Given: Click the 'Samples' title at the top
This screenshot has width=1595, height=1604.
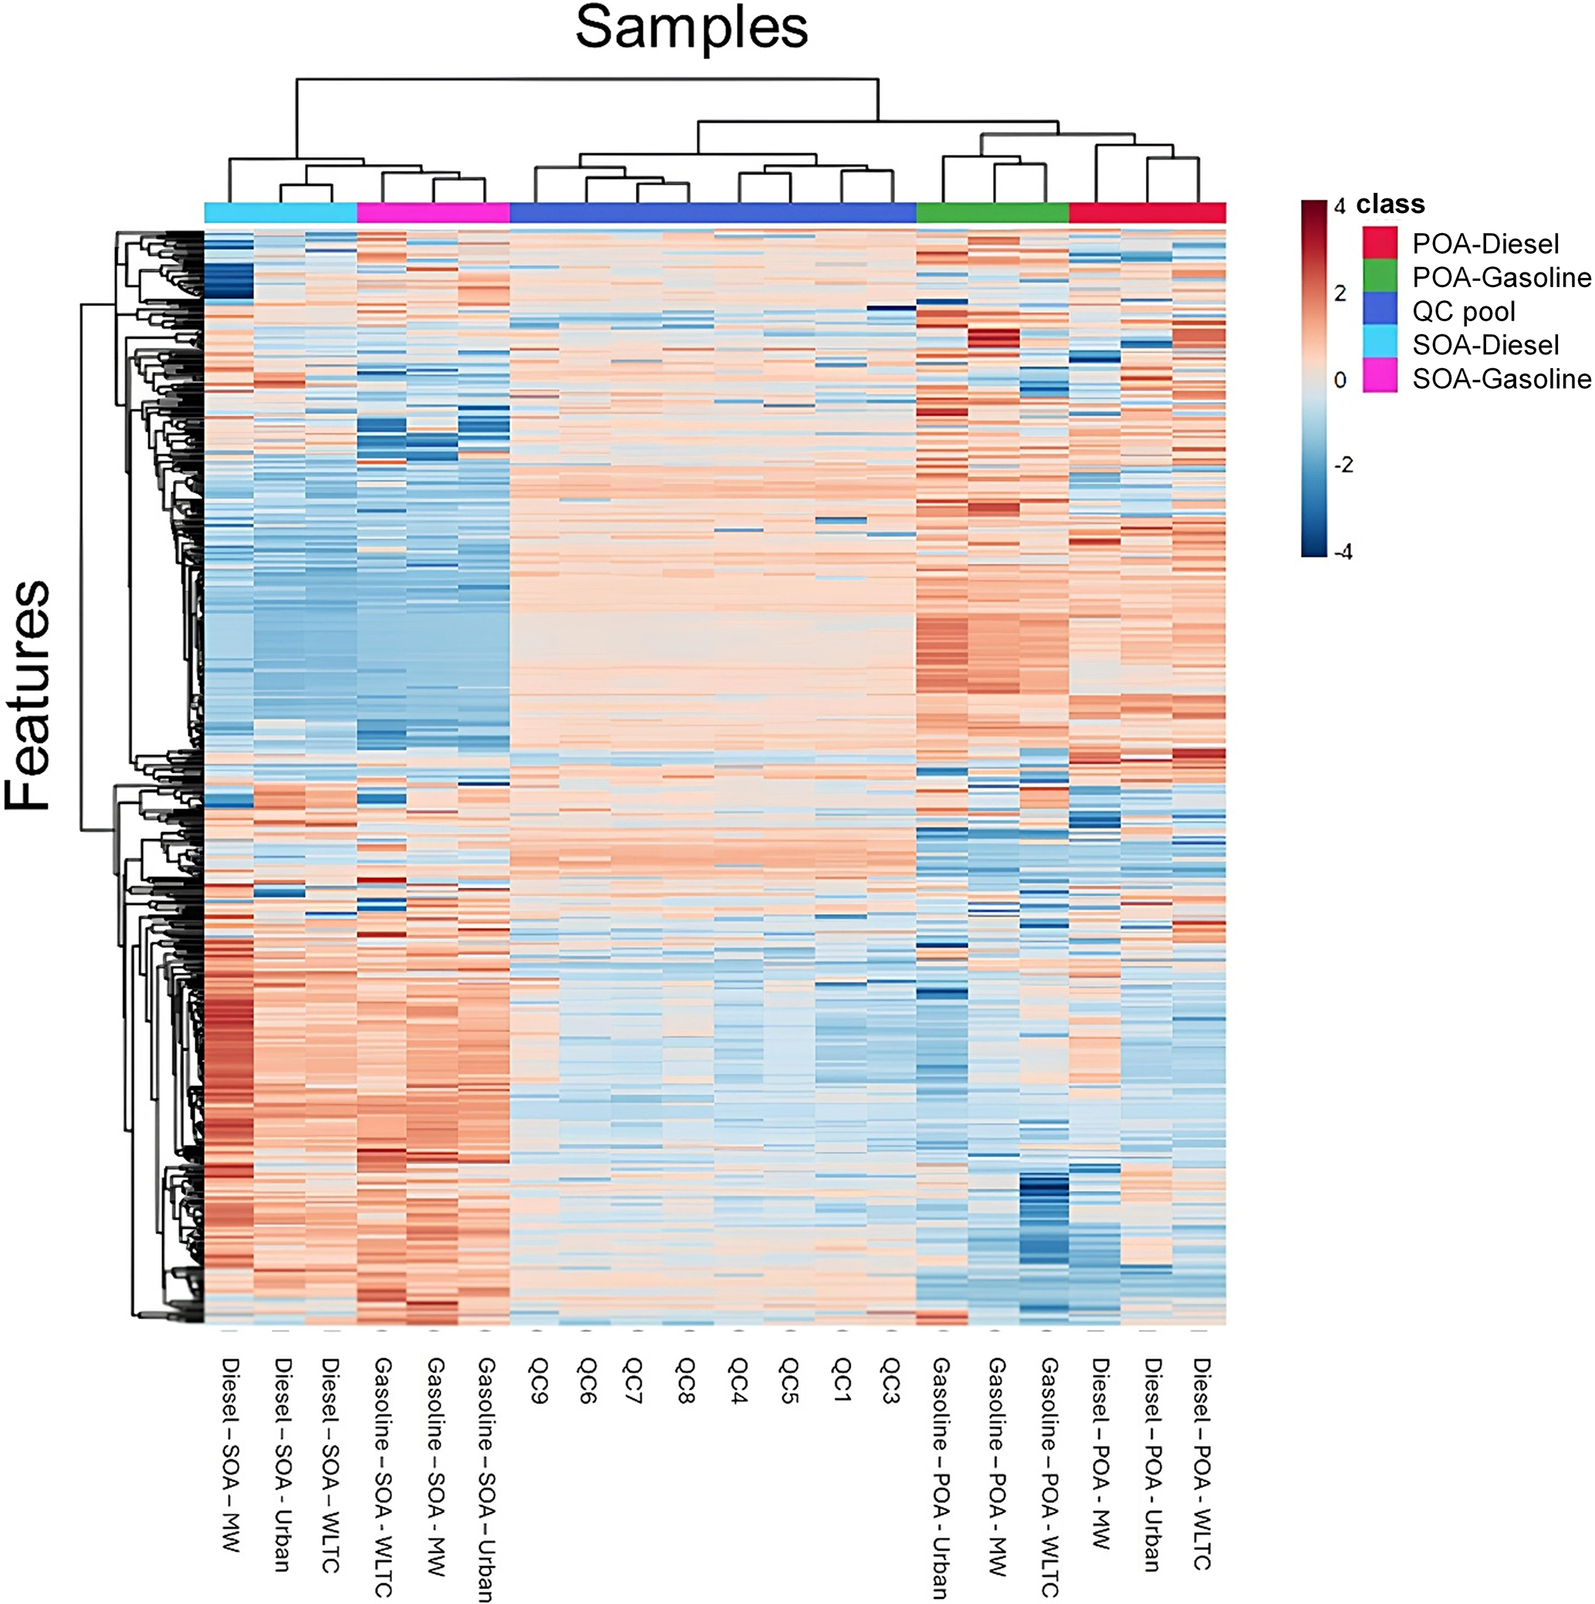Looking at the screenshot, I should point(691,29).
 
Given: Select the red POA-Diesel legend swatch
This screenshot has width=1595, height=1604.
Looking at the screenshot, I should point(1379,243).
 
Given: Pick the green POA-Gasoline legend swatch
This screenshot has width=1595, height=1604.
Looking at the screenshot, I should point(1379,276).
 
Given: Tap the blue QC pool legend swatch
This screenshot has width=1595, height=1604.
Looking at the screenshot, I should point(1379,310).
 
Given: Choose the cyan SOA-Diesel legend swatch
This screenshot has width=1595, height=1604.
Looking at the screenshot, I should point(1379,344).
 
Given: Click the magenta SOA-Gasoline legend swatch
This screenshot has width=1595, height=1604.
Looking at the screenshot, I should point(1379,378).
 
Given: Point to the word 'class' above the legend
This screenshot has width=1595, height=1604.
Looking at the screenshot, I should point(1390,205).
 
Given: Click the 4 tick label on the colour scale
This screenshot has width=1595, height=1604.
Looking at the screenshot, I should point(1340,207).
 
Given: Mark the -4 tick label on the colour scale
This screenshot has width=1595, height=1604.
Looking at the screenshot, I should point(1343,552).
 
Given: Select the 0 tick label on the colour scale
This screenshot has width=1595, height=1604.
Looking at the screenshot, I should point(1340,381).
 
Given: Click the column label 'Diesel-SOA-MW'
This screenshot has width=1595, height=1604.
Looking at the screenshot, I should point(230,1453).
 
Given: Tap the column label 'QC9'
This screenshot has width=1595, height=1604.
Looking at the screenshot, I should point(536,1380).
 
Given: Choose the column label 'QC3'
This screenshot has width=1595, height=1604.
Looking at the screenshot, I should point(891,1380).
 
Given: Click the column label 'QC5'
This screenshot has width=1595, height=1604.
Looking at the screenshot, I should point(789,1380).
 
